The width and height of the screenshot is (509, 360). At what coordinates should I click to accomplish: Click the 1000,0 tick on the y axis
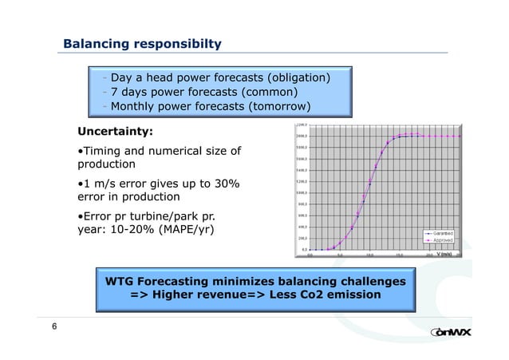tap(302, 192)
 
